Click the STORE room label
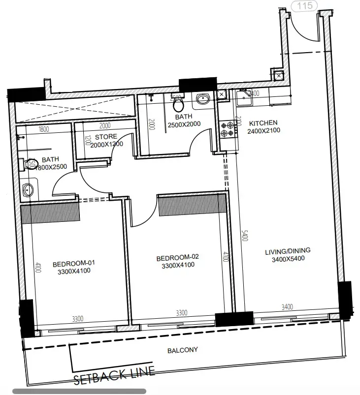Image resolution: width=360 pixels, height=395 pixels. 106,137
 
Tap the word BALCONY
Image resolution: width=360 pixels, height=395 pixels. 183,350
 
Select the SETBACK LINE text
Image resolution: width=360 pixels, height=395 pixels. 114,377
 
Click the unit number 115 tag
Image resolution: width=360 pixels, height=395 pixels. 305,6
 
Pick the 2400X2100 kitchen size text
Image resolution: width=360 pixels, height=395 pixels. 263,131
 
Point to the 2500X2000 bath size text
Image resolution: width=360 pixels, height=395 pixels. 183,125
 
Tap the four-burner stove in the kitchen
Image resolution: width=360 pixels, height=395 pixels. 227,128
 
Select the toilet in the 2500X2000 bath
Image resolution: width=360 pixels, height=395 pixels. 179,103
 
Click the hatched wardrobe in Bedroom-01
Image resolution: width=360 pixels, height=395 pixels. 50,213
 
